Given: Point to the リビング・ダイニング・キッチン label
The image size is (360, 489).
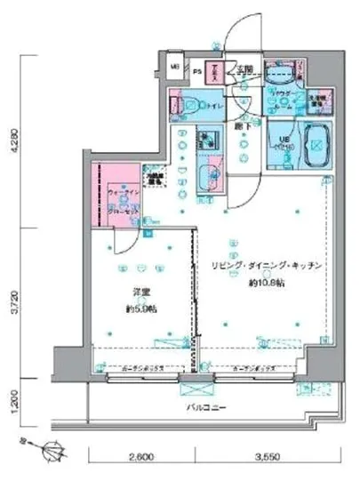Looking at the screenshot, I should [x=260, y=266].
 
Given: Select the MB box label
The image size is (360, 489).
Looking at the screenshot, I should [x=173, y=65].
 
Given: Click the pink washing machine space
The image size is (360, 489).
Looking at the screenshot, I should [x=317, y=100].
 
